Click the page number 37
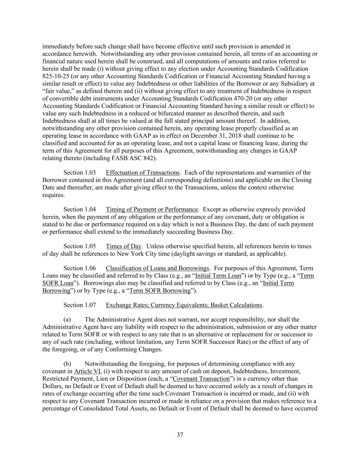[180, 435]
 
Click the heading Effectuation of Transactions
[142, 173]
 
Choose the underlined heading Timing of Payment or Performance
[152, 210]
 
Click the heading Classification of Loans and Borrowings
[157, 268]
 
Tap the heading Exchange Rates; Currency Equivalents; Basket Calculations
[184, 305]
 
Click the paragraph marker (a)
[67, 320]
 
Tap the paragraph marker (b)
[67, 364]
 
